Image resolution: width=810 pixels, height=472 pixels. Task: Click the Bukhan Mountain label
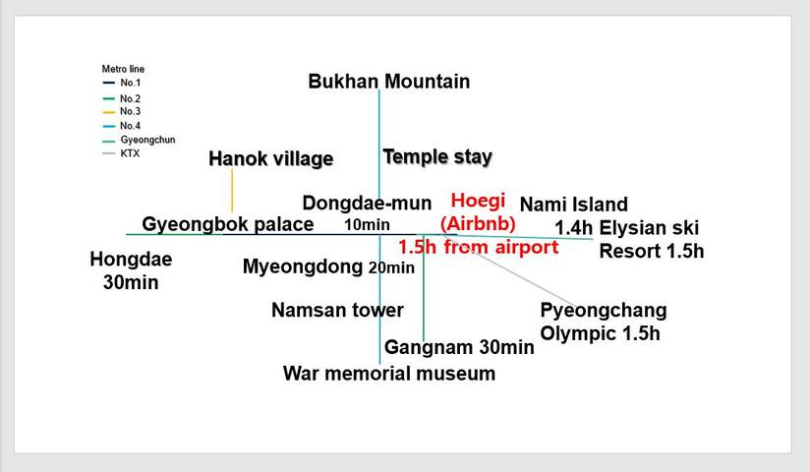coord(389,82)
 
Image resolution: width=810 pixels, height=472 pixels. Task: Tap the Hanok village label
coord(270,158)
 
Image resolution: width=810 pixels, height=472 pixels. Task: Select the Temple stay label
coord(437,156)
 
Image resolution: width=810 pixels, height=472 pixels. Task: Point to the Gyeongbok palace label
coord(228,224)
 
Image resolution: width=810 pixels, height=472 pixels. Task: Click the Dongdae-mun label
coord(367,203)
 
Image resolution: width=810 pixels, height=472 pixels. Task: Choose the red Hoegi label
coord(478,201)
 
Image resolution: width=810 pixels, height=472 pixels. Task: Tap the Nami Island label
coord(574,205)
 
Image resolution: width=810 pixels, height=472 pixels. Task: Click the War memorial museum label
coord(389,374)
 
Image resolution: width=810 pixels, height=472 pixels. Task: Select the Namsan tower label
coord(337,310)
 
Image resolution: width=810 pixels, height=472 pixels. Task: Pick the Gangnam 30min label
coord(459,347)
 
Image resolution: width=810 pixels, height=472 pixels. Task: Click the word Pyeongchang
coord(604,311)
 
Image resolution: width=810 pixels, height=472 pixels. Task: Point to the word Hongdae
coord(131,260)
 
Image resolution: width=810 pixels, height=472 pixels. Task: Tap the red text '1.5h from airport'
coord(479,247)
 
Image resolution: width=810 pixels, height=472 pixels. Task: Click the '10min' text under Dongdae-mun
coord(367,225)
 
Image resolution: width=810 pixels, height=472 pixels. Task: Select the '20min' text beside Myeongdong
coord(391,267)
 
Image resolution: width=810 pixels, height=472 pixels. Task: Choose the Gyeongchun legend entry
coord(139,140)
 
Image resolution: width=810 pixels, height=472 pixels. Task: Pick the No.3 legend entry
coord(121,112)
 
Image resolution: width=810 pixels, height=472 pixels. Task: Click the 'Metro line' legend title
coord(123,69)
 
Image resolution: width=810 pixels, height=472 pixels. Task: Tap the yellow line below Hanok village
coord(232,191)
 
